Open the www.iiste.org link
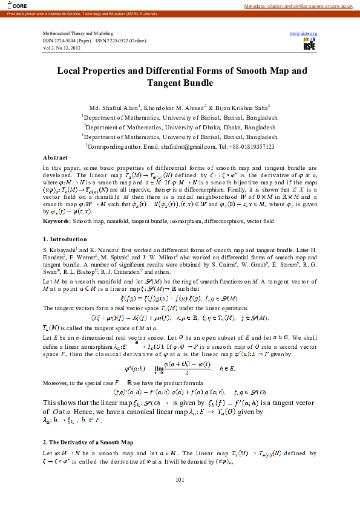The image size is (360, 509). point(304,33)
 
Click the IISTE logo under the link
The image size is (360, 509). point(310,45)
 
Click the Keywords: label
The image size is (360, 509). point(55,222)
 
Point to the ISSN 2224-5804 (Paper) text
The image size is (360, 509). point(67,40)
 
